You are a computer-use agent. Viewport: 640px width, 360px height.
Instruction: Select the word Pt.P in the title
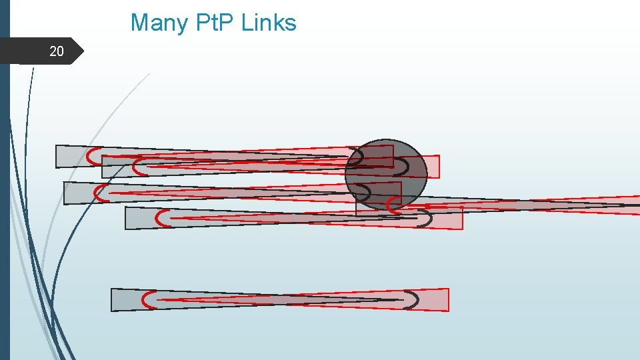(213, 23)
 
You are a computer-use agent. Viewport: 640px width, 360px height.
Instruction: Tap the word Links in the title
(269, 23)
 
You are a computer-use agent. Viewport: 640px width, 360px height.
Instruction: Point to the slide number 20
(57, 51)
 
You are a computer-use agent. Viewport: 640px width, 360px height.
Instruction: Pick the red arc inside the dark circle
(393, 205)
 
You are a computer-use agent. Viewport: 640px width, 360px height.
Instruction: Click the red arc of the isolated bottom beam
(145, 300)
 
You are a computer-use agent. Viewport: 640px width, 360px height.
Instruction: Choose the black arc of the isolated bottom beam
(415, 300)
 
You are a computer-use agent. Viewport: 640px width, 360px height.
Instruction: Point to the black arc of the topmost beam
(359, 157)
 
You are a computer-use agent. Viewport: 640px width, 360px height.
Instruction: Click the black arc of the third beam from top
(367, 193)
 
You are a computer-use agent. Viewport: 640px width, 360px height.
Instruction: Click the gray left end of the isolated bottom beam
(123, 300)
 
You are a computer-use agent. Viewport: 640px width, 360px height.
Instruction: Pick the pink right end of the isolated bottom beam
(437, 300)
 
